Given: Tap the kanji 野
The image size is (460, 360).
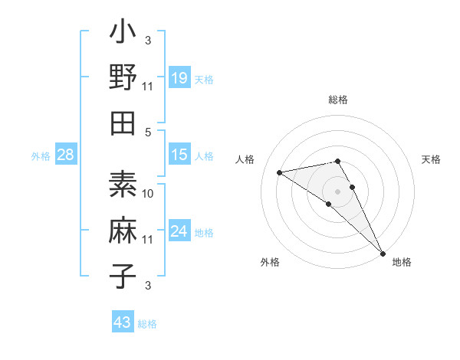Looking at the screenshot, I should pyautogui.click(x=123, y=77).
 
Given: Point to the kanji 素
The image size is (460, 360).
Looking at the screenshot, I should pyautogui.click(x=123, y=186).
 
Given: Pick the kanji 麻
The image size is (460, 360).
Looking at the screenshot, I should pyautogui.click(x=123, y=231).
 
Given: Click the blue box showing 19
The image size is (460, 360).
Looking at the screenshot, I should pyautogui.click(x=179, y=77).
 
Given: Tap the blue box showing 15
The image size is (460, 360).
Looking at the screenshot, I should pyautogui.click(x=179, y=155).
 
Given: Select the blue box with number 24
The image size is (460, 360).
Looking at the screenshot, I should pyautogui.click(x=179, y=231).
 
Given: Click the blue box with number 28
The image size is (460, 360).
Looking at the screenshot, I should pyautogui.click(x=66, y=155).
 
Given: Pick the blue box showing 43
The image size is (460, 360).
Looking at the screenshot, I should pyautogui.click(x=123, y=322).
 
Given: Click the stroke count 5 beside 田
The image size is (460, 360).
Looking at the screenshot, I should pyautogui.click(x=149, y=132).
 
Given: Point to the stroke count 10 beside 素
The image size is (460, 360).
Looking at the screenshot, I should pyautogui.click(x=148, y=193).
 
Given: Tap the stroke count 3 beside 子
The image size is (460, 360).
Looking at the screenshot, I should pyautogui.click(x=148, y=286).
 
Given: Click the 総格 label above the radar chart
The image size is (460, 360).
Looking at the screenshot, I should pyautogui.click(x=338, y=100).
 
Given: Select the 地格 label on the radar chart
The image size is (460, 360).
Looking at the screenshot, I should pyautogui.click(x=402, y=262).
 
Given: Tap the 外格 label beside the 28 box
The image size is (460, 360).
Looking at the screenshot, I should pyautogui.click(x=41, y=156).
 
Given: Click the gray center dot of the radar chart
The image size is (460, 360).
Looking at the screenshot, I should pyautogui.click(x=338, y=191).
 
